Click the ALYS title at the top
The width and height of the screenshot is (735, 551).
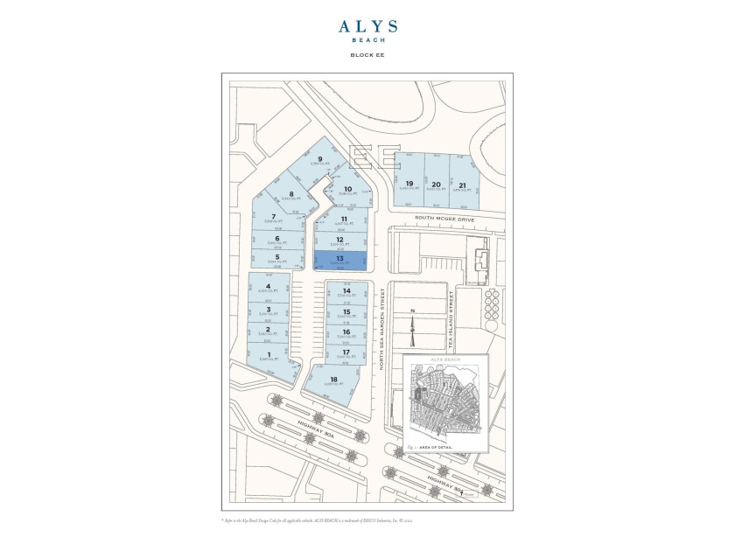pos(367,27)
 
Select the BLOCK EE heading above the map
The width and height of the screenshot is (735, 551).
pos(367,55)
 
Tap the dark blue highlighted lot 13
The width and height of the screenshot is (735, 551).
pos(339,260)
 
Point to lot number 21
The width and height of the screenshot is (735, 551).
pos(462,185)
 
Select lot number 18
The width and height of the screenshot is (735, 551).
pos(333,380)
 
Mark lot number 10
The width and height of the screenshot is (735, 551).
pos(347,190)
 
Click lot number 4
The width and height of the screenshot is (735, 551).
pos(269,287)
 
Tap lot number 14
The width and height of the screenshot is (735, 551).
pos(346,291)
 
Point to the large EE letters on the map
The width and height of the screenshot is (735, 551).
pos(374,157)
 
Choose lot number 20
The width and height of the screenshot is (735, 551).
pos(437,185)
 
